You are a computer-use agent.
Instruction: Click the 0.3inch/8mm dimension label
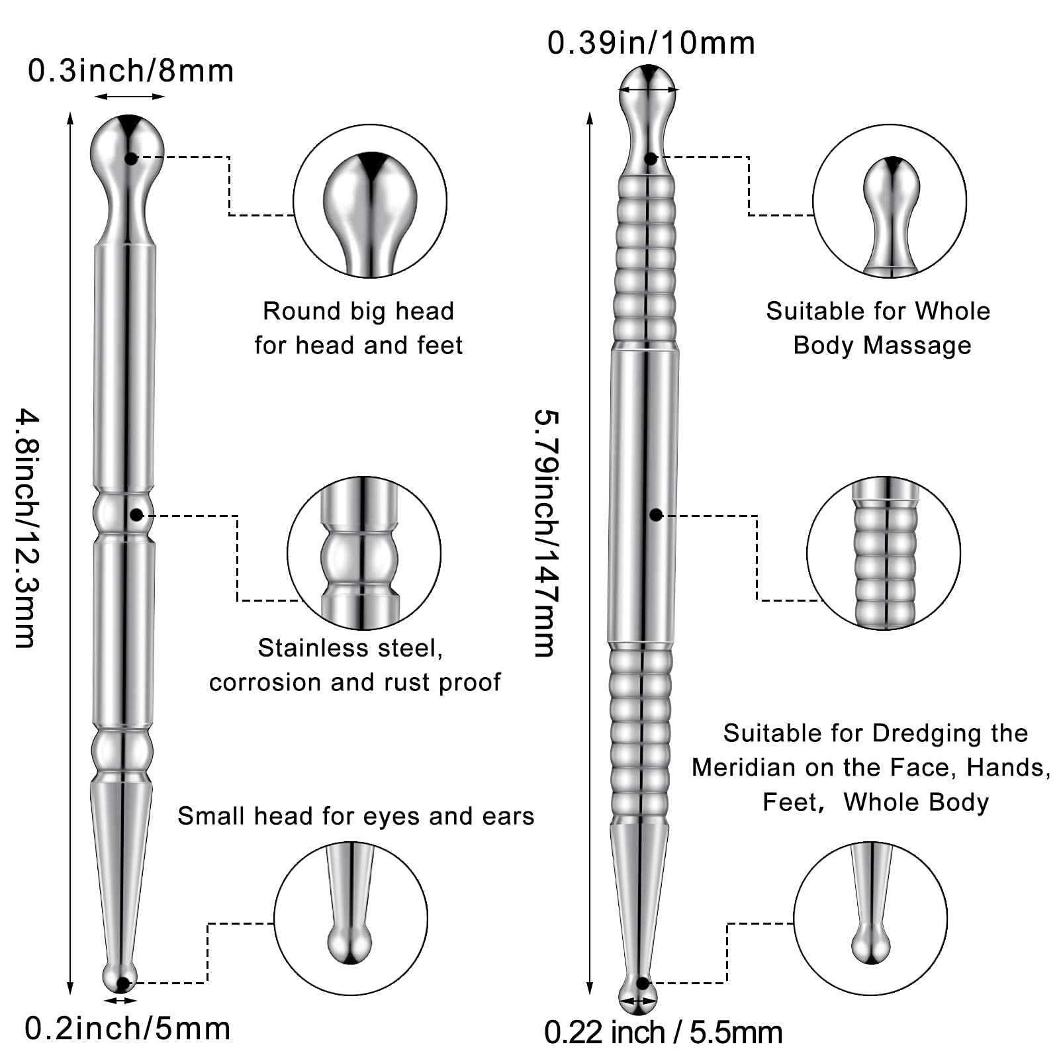click(x=131, y=71)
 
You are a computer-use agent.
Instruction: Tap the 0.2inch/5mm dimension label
click(x=128, y=1029)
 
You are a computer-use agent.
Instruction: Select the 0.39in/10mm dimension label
click(x=651, y=43)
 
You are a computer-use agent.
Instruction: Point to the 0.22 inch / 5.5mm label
click(x=663, y=1033)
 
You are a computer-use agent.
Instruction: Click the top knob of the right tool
click(x=648, y=93)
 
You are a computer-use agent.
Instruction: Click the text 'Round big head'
click(x=359, y=311)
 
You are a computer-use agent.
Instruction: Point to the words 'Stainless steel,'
click(x=350, y=648)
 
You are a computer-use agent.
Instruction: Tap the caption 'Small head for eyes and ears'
click(x=356, y=816)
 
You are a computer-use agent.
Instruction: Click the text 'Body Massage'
click(x=882, y=345)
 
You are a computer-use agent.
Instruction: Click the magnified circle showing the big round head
click(x=370, y=201)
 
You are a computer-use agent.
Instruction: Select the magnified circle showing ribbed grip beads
click(x=884, y=553)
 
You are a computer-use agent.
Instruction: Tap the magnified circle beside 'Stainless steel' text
click(x=364, y=553)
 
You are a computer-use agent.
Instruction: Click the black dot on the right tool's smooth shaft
click(x=656, y=514)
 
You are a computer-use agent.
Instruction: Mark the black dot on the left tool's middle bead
click(x=136, y=514)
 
